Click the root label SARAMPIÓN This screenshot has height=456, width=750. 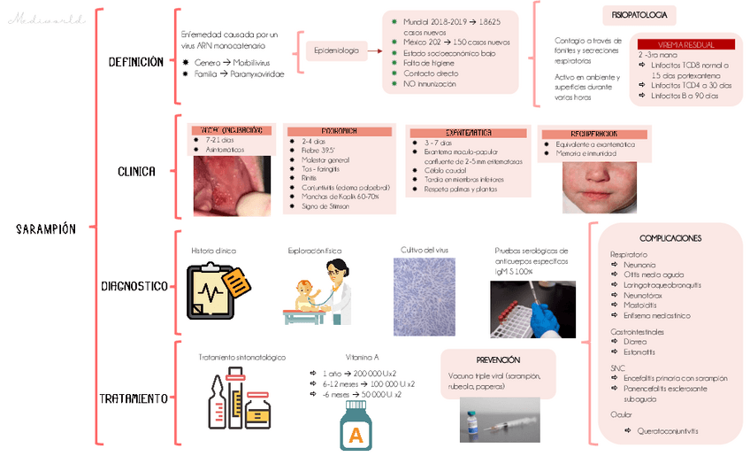(x=46, y=229)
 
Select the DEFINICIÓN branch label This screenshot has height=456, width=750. (x=135, y=63)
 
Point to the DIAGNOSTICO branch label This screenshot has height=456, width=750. (x=134, y=286)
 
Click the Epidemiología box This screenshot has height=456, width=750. (x=337, y=51)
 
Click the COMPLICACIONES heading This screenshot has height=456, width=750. (x=670, y=238)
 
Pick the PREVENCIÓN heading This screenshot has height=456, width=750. (x=498, y=360)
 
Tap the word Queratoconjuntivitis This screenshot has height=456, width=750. (x=667, y=431)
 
